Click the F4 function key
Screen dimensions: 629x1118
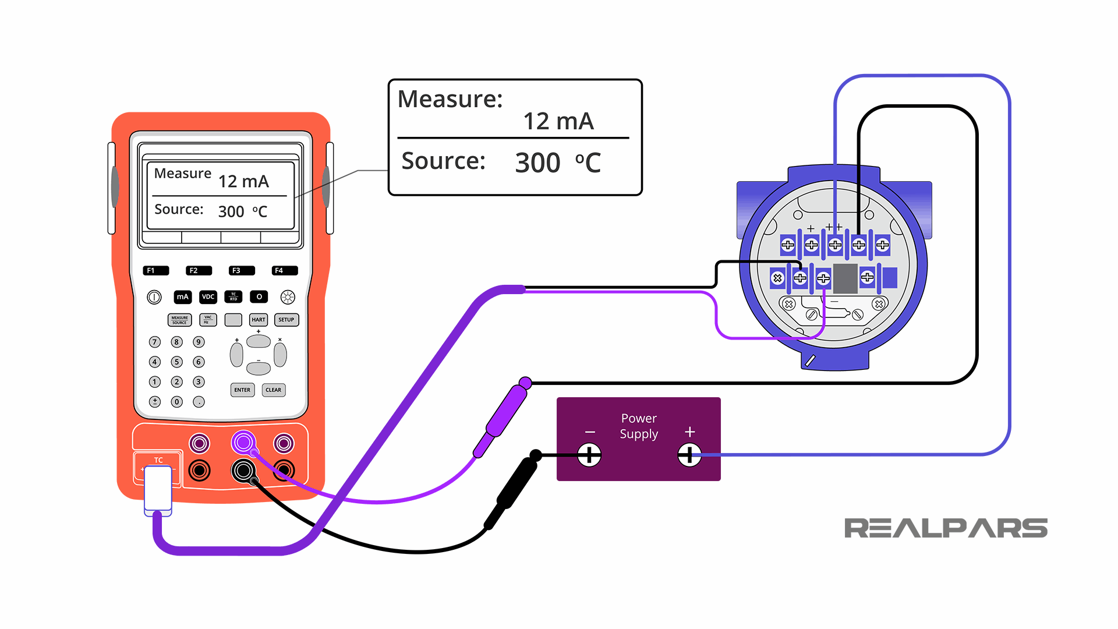point(284,271)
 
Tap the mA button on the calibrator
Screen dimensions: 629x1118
point(183,297)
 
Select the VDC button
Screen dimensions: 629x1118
point(208,297)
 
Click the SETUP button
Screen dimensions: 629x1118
point(286,320)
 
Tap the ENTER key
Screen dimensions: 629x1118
point(242,390)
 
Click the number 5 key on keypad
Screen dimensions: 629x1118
point(177,362)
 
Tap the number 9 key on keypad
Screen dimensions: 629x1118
point(199,342)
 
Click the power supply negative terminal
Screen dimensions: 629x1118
point(589,455)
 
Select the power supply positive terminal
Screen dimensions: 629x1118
point(689,455)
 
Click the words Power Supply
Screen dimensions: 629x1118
point(639,426)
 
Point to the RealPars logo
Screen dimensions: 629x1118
point(945,528)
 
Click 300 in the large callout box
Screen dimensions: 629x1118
point(537,162)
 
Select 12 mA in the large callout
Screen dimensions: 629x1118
point(558,122)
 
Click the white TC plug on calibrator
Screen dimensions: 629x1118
point(158,488)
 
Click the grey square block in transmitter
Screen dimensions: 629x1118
point(845,278)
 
